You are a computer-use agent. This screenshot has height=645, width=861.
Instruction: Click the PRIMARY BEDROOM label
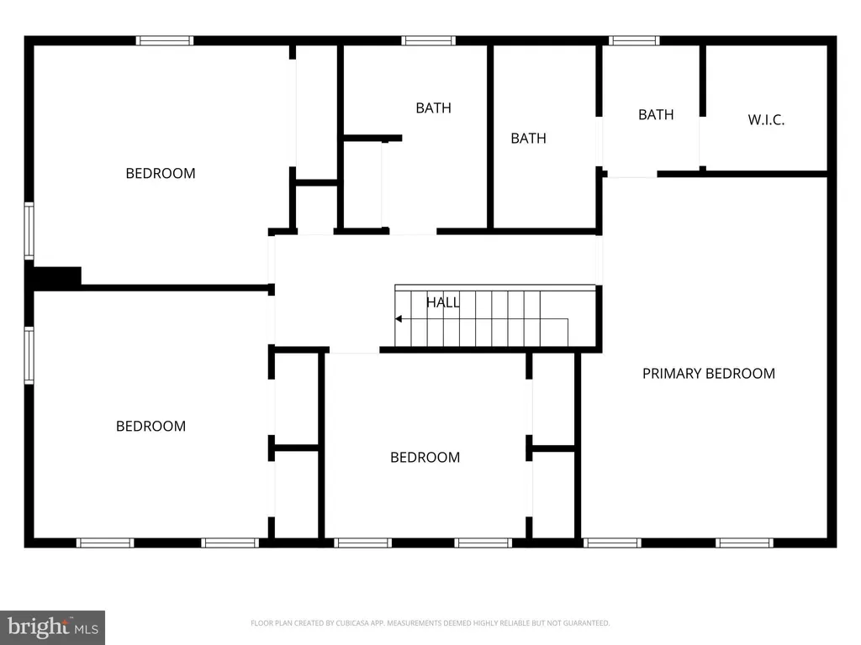click(708, 374)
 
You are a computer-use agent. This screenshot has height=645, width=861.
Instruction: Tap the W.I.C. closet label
click(766, 119)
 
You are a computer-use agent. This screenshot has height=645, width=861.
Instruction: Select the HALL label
click(442, 302)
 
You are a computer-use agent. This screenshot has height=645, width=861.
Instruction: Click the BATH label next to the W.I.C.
click(656, 114)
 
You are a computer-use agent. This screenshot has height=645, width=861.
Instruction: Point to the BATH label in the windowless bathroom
click(528, 139)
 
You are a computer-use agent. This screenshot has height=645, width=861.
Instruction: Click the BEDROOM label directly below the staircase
click(425, 458)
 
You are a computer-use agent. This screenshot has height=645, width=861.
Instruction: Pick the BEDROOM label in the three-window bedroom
click(151, 426)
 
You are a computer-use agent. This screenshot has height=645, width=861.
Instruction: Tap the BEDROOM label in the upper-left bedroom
click(161, 173)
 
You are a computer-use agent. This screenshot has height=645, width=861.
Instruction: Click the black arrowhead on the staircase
click(399, 318)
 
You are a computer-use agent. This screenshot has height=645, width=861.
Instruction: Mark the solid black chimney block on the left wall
click(57, 275)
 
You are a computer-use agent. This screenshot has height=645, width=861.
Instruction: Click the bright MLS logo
click(53, 627)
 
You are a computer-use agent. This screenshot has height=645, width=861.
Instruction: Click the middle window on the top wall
click(428, 40)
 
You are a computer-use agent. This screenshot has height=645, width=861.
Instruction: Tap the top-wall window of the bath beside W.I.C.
click(634, 40)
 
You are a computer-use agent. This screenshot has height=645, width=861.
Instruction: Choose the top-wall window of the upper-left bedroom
click(165, 40)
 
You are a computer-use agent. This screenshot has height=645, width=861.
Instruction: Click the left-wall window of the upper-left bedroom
click(29, 230)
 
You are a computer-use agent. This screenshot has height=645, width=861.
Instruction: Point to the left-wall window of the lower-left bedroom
click(29, 355)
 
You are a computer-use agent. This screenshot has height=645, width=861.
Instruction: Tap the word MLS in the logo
click(87, 629)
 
